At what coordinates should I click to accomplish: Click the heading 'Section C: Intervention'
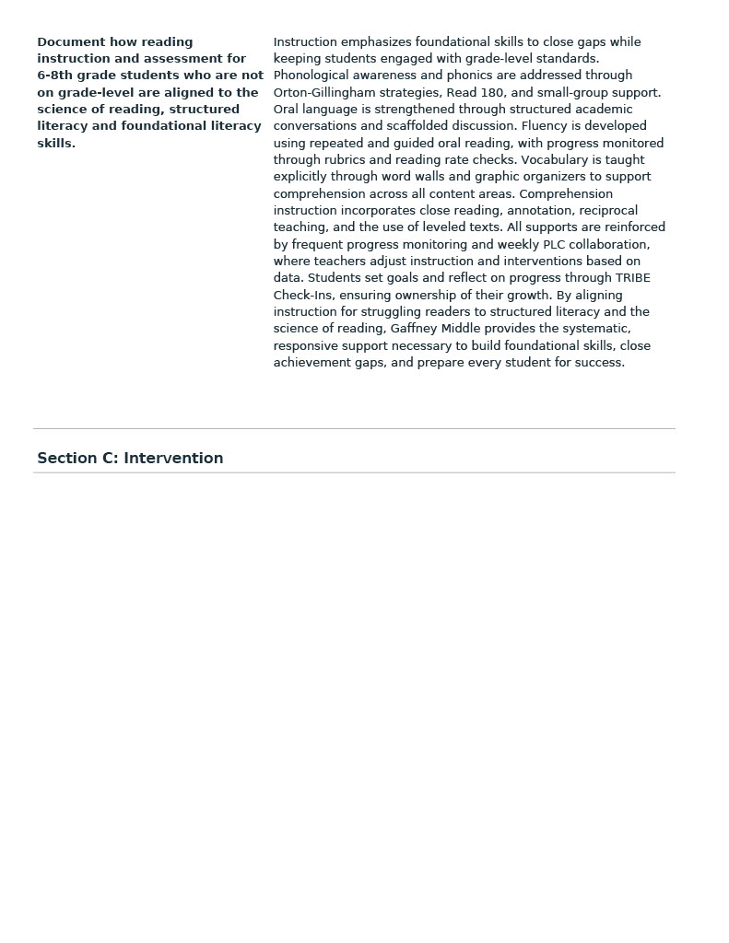[130, 458]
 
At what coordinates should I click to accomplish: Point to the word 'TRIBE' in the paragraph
[632, 278]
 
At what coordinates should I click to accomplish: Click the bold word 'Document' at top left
[69, 41]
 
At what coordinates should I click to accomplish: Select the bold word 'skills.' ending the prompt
[56, 143]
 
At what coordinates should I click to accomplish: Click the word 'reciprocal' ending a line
[607, 211]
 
